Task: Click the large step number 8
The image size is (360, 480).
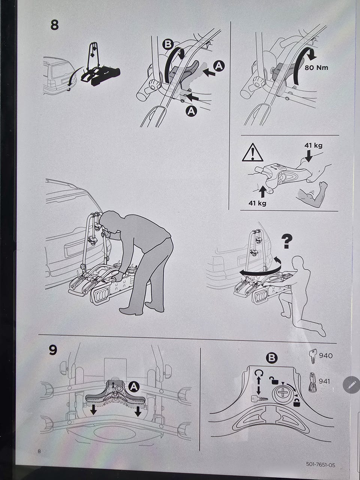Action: tap(54, 25)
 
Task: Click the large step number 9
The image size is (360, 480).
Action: tap(53, 350)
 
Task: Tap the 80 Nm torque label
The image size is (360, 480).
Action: tap(316, 67)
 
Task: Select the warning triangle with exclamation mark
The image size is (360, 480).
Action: tap(252, 152)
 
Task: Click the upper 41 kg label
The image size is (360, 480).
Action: tap(313, 145)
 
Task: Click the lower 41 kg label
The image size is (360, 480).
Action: tap(257, 203)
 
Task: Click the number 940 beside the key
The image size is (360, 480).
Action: tap(325, 356)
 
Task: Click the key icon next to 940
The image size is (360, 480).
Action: tap(313, 356)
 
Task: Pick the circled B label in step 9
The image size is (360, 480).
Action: tap(272, 358)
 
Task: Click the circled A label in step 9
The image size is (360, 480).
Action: tap(134, 387)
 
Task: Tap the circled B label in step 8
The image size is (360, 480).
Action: tap(168, 44)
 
